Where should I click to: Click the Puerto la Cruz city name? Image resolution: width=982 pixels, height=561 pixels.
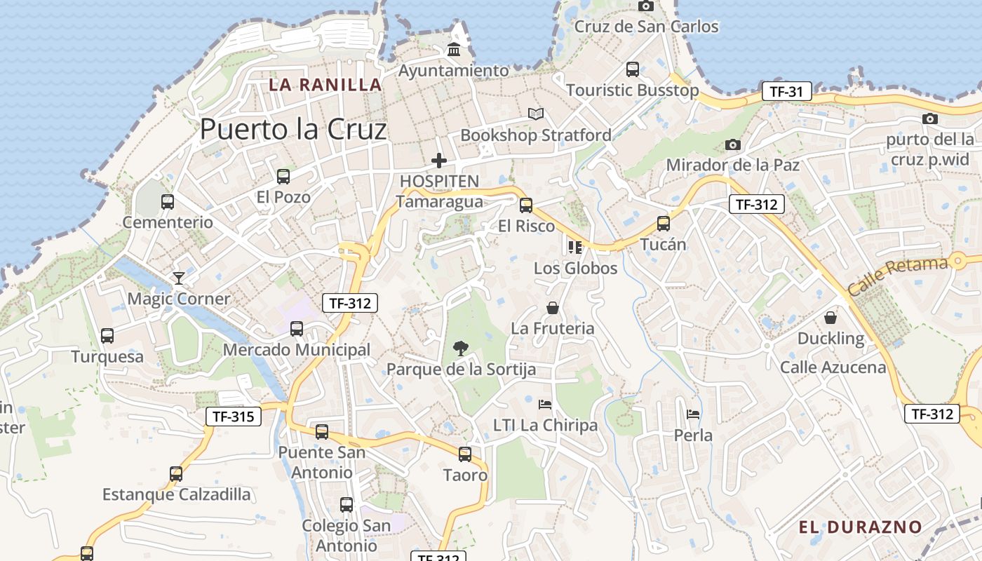click(x=293, y=130)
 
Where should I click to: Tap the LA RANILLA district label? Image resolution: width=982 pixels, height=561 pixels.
click(x=325, y=85)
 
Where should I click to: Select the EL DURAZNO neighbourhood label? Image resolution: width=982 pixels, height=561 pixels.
click(x=860, y=527)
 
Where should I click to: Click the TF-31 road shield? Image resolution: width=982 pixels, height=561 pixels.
click(x=786, y=91)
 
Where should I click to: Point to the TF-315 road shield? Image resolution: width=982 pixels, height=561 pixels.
click(x=234, y=417)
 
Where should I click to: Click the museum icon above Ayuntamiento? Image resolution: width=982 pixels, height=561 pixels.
click(x=454, y=50)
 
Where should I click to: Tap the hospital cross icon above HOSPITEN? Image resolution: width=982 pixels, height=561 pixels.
click(x=439, y=161)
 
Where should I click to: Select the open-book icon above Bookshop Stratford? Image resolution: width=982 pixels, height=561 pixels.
click(x=536, y=114)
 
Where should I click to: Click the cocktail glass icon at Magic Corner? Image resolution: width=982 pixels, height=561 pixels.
click(x=179, y=278)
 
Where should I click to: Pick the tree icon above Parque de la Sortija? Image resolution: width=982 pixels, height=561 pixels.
click(x=461, y=348)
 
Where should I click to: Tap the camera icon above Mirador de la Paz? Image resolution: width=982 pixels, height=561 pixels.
click(x=733, y=145)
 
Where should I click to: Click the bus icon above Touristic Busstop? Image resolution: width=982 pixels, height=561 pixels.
click(x=633, y=69)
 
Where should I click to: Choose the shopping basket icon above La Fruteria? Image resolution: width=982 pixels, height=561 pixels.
click(x=553, y=308)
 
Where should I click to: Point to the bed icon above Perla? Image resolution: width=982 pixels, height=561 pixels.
click(x=693, y=414)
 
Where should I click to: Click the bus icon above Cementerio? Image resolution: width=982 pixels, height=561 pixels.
click(x=168, y=202)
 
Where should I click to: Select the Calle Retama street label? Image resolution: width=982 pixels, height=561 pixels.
click(x=897, y=276)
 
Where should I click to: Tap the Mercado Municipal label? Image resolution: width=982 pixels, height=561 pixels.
click(x=297, y=349)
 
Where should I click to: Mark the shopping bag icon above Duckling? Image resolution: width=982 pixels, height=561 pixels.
click(x=830, y=318)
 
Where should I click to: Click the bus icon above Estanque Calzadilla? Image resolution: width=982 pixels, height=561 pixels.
click(x=176, y=474)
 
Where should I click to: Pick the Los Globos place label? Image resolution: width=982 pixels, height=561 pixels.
click(x=575, y=268)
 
